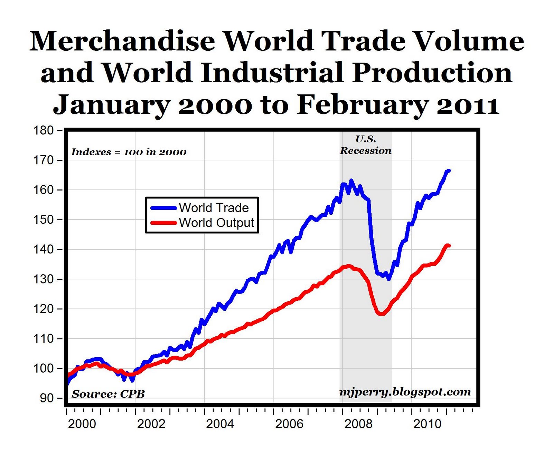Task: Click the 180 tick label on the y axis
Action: [43, 131]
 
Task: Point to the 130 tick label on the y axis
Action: [43, 279]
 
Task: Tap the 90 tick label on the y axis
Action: [46, 398]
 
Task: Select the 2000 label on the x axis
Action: [82, 424]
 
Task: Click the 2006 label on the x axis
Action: [289, 424]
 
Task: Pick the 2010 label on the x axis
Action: [427, 424]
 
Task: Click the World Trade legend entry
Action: [214, 208]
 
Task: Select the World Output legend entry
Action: [216, 223]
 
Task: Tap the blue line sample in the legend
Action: [164, 208]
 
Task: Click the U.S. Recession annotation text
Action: [366, 145]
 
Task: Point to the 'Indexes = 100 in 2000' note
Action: [129, 152]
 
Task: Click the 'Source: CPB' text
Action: [108, 394]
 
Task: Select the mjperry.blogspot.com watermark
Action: [405, 392]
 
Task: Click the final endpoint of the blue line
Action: [449, 171]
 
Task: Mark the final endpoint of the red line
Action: [449, 246]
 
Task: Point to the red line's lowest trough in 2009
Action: [381, 314]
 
